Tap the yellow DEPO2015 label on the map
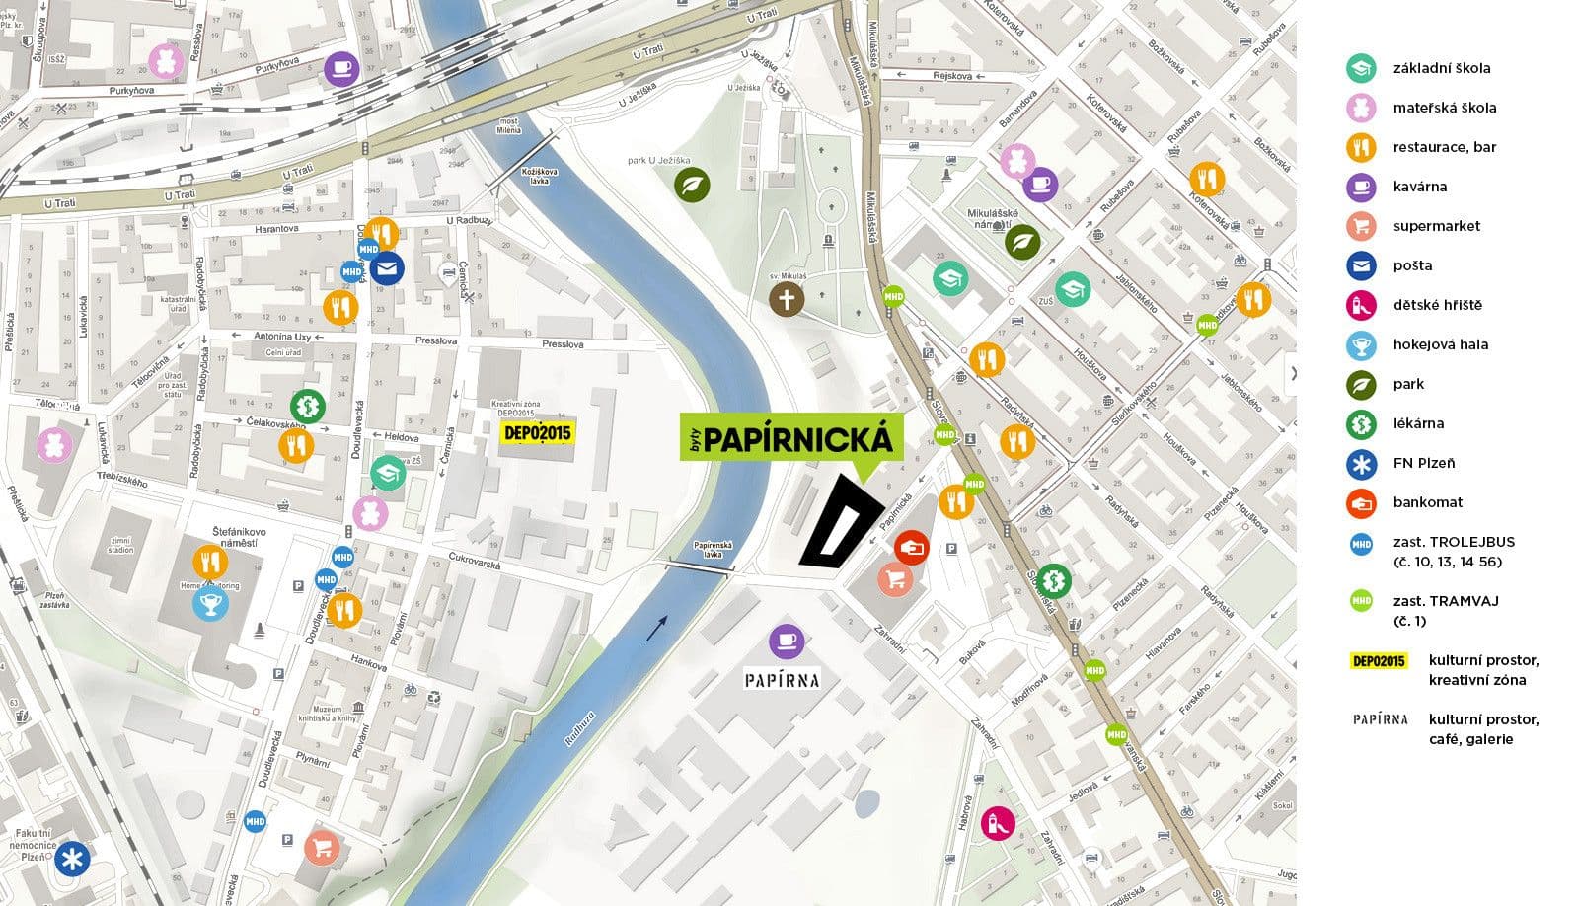click(537, 432)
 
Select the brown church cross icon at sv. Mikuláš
click(787, 299)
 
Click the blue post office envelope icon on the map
click(387, 267)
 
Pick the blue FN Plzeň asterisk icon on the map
click(71, 859)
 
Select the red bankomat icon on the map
click(911, 547)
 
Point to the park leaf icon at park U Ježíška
click(692, 185)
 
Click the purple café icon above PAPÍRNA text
click(787, 642)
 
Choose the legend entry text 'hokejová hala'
click(1440, 344)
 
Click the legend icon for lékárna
click(1361, 423)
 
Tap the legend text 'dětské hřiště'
click(1437, 305)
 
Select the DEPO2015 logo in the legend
click(1379, 660)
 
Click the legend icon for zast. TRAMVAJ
click(1361, 601)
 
